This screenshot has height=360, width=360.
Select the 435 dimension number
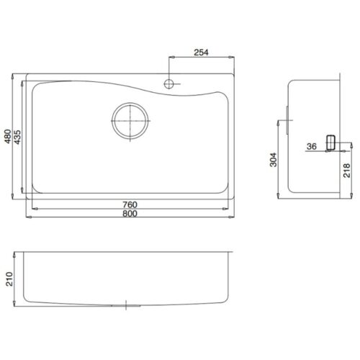pos(18,137)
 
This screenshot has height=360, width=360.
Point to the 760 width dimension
pos(130,204)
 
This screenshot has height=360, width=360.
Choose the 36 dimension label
pos(311,147)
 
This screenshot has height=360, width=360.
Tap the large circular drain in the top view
pos(130,120)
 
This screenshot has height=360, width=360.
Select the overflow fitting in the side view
pos(331,143)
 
